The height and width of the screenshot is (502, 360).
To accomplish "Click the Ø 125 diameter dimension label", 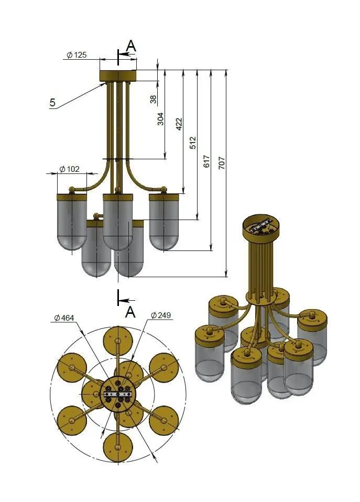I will point(77,55).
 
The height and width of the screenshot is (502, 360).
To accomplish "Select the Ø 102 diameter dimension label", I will point(70,169).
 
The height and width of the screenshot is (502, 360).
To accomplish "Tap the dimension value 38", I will point(153,98).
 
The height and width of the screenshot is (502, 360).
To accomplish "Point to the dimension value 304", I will point(161,119).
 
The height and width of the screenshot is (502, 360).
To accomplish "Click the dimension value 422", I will point(179,124).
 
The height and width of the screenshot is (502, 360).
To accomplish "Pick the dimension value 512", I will point(192,143).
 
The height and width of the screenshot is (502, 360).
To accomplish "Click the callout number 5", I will point(52,103).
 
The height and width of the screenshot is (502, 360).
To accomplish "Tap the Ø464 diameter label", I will point(64,318).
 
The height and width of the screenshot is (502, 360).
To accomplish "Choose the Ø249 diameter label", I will point(161,315).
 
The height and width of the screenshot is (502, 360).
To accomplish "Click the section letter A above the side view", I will point(132,46).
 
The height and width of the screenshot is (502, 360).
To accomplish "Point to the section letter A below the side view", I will point(130,312).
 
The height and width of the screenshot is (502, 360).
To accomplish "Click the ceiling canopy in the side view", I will point(118,77).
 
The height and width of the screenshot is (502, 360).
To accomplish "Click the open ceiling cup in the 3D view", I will point(261,227).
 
